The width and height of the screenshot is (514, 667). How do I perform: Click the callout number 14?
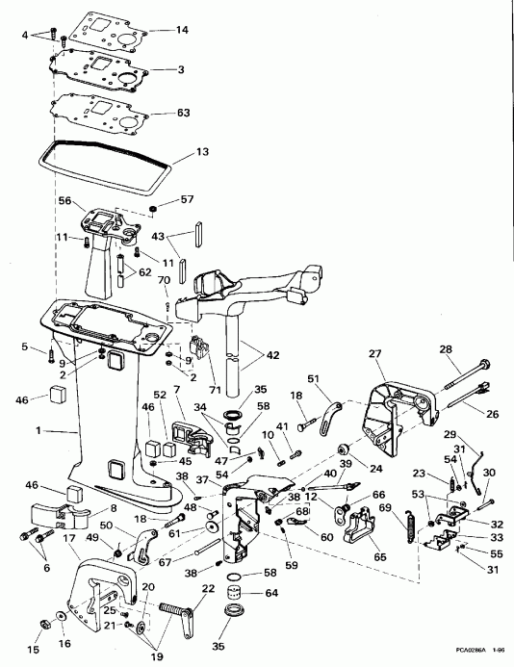tap(182, 31)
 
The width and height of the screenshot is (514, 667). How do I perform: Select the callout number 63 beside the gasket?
tap(183, 113)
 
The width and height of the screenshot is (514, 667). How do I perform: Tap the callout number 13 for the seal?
tap(201, 152)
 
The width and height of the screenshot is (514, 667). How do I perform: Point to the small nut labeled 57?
tap(155, 211)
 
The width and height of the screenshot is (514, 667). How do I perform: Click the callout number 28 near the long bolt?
tap(473, 349)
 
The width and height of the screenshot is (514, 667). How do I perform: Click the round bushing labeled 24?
tap(342, 452)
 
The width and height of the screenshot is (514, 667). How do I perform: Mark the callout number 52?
tap(160, 396)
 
